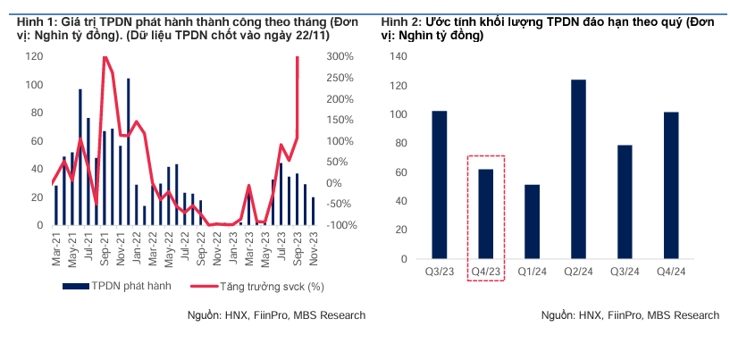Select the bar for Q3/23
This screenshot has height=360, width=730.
pyautogui.click(x=440, y=185)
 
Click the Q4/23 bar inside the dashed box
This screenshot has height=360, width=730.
pyautogui.click(x=486, y=214)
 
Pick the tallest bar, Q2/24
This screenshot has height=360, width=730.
pyautogui.click(x=578, y=170)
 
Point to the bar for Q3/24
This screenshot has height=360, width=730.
pyautogui.click(x=625, y=202)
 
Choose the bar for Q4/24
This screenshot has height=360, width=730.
pyautogui.click(x=671, y=185)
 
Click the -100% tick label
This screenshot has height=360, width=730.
pyautogui.click(x=343, y=225)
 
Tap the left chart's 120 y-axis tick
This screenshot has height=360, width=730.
pyautogui.click(x=35, y=56)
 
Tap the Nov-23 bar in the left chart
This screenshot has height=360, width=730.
pyautogui.click(x=313, y=212)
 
